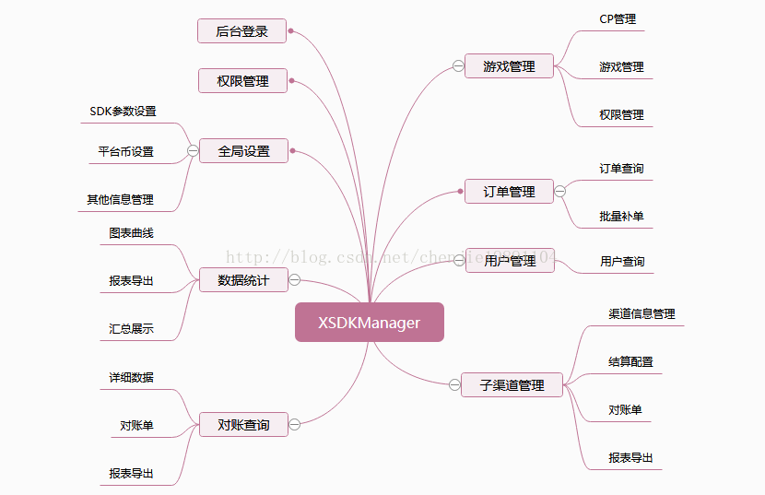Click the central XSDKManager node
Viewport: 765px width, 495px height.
click(369, 323)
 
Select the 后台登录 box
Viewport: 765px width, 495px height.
click(242, 31)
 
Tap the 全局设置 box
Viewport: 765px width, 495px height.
click(243, 151)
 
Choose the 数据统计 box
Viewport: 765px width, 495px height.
click(243, 280)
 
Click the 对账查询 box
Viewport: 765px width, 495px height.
click(243, 425)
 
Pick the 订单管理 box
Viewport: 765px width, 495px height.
click(509, 192)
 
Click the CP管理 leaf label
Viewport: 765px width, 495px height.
click(618, 18)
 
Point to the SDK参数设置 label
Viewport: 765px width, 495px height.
click(123, 112)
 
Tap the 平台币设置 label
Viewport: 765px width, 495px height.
click(126, 152)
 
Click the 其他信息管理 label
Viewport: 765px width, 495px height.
click(121, 199)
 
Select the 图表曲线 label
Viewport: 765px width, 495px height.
click(131, 233)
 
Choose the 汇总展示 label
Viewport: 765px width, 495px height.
click(131, 328)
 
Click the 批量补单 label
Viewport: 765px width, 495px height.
click(621, 217)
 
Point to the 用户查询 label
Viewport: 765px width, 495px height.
click(622, 262)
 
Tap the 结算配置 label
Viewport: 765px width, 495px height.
click(630, 362)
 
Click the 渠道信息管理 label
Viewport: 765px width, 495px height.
click(641, 314)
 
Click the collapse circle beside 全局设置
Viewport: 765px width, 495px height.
click(193, 151)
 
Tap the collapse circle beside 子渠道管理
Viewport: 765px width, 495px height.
click(454, 385)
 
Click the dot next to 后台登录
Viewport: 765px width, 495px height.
click(291, 31)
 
